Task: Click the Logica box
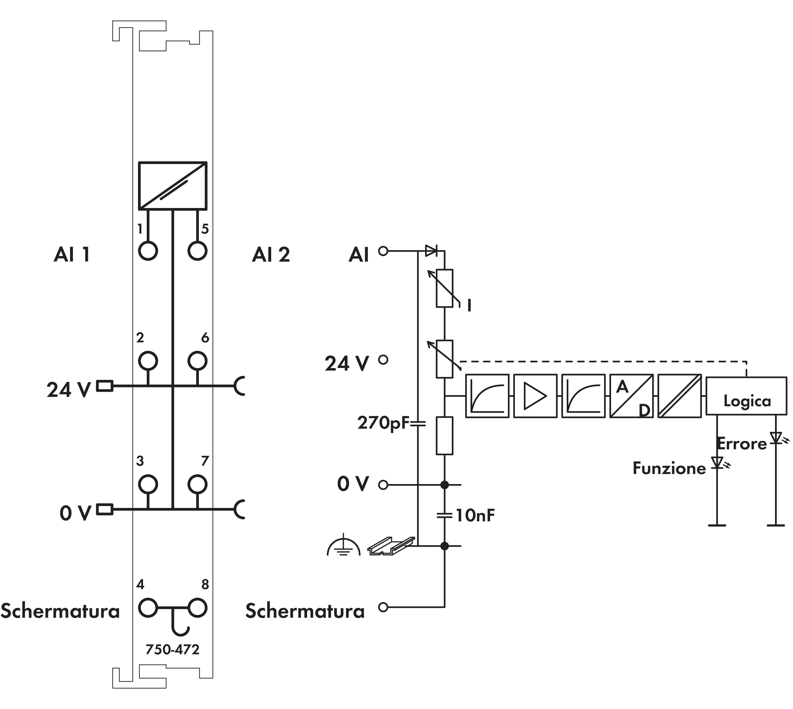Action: (746, 396)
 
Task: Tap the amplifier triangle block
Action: (535, 396)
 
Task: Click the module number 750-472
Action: (172, 649)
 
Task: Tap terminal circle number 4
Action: (148, 608)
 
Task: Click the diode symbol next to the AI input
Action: (431, 251)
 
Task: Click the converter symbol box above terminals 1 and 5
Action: (172, 186)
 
